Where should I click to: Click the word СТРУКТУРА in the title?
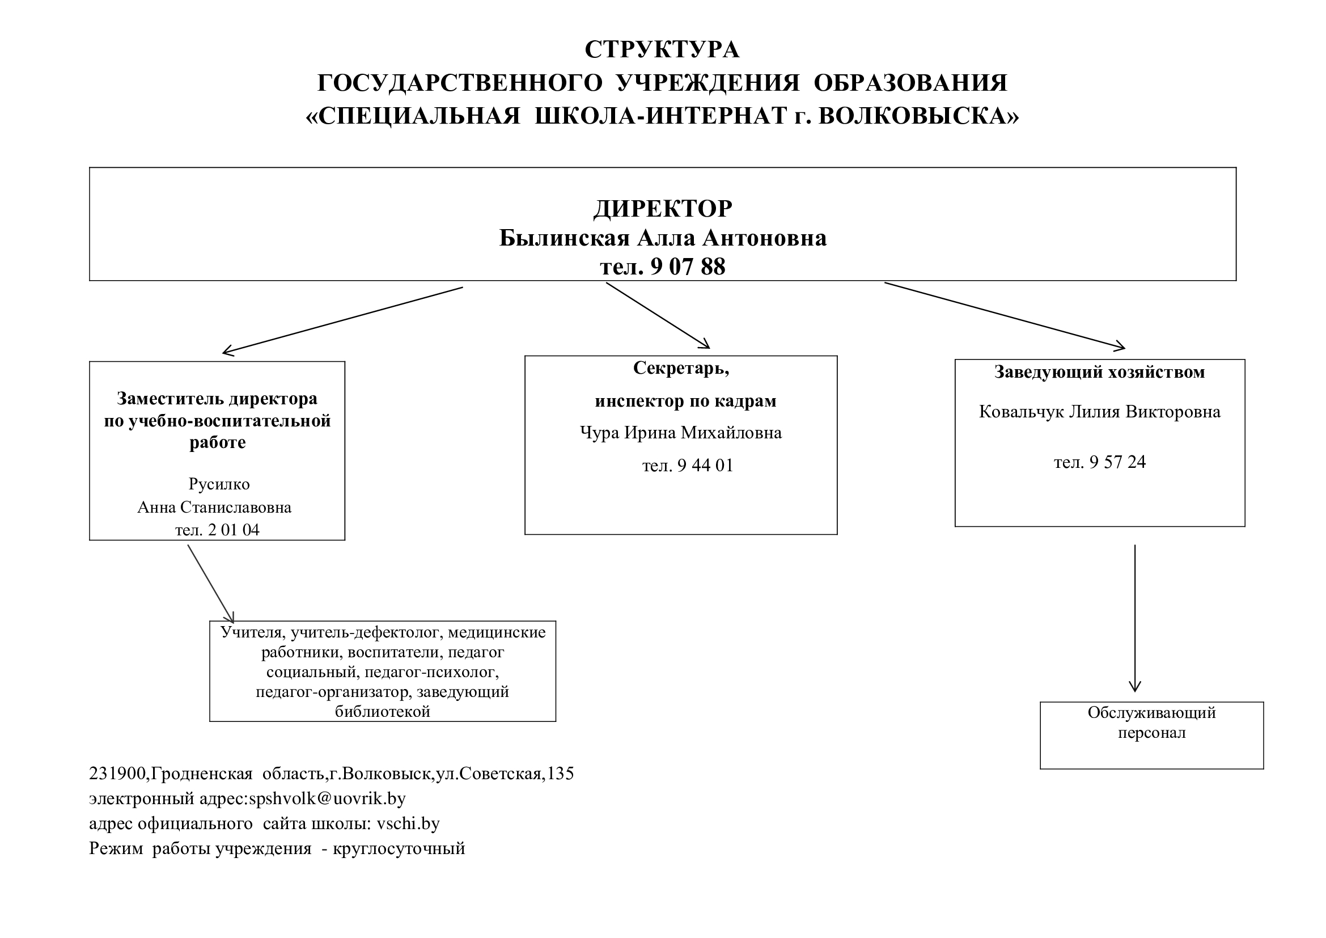[662, 50]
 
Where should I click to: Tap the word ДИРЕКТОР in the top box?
[662, 209]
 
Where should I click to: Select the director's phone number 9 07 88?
[687, 267]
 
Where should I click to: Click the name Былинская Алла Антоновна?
[662, 238]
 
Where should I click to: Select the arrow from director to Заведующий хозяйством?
[1005, 315]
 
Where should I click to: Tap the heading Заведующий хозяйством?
[1100, 372]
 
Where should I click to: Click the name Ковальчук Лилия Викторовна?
[1100, 412]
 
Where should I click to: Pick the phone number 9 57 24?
[1117, 462]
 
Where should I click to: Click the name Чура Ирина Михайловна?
[681, 433]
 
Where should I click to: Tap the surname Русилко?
[219, 484]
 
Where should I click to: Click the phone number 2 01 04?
[234, 530]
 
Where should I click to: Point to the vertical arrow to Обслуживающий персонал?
[1135, 618]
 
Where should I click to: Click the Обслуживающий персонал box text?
[1151, 722]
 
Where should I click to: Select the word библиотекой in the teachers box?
[382, 711]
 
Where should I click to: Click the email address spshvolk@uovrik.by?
[327, 798]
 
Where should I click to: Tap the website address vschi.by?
[408, 823]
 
